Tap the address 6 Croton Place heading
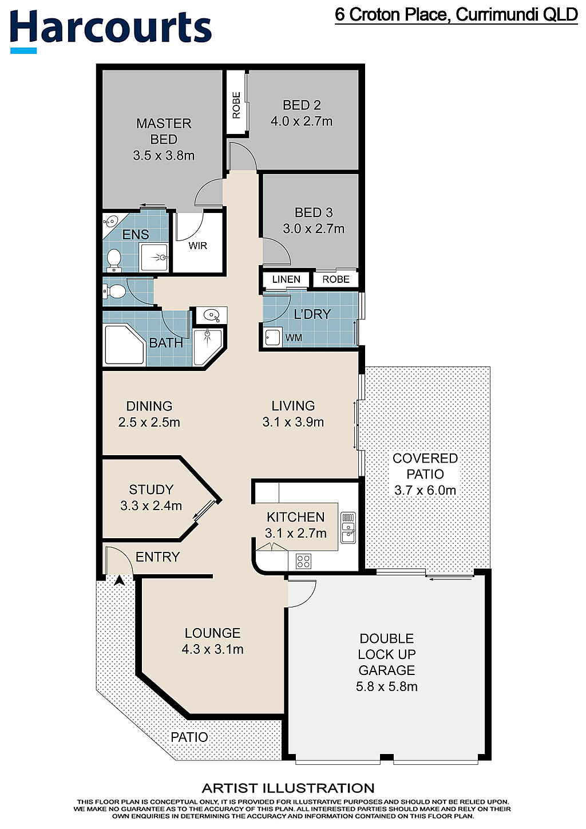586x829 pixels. pos(456,15)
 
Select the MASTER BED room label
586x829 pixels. pos(164,131)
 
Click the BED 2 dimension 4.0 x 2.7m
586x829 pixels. pos(302,121)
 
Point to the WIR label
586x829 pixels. pos(197,246)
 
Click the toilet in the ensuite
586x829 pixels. pos(113,260)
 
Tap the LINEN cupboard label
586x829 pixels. pos(286,279)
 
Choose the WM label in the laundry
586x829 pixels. pos(294,338)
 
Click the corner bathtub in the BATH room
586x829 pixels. pos(125,345)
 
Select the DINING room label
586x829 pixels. pos(149,406)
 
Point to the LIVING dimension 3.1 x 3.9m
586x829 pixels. pos(293,422)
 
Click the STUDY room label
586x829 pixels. pos(151,489)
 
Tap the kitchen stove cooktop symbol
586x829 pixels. pos(303,561)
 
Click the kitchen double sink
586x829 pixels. pos(347,528)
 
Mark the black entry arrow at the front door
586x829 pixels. pos(119,580)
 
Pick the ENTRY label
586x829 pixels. pos(157,557)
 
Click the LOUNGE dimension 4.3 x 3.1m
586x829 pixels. pos(213,649)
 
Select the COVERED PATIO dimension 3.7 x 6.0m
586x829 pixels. pos(425,491)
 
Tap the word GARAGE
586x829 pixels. pos(387,670)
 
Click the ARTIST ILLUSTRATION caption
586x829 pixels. pos(288,789)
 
